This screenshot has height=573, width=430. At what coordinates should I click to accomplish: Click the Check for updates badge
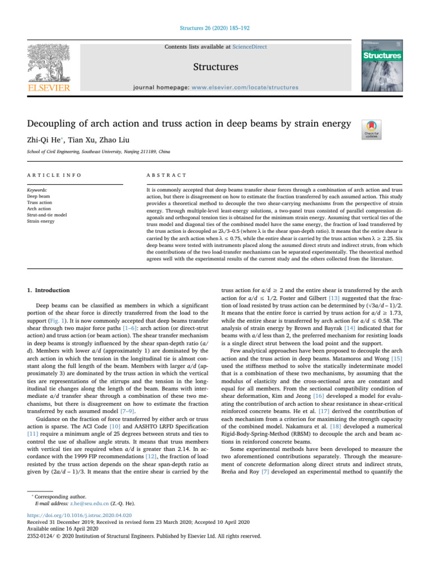point(372,128)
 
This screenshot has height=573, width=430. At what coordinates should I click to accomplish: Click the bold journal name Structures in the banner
point(215,67)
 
